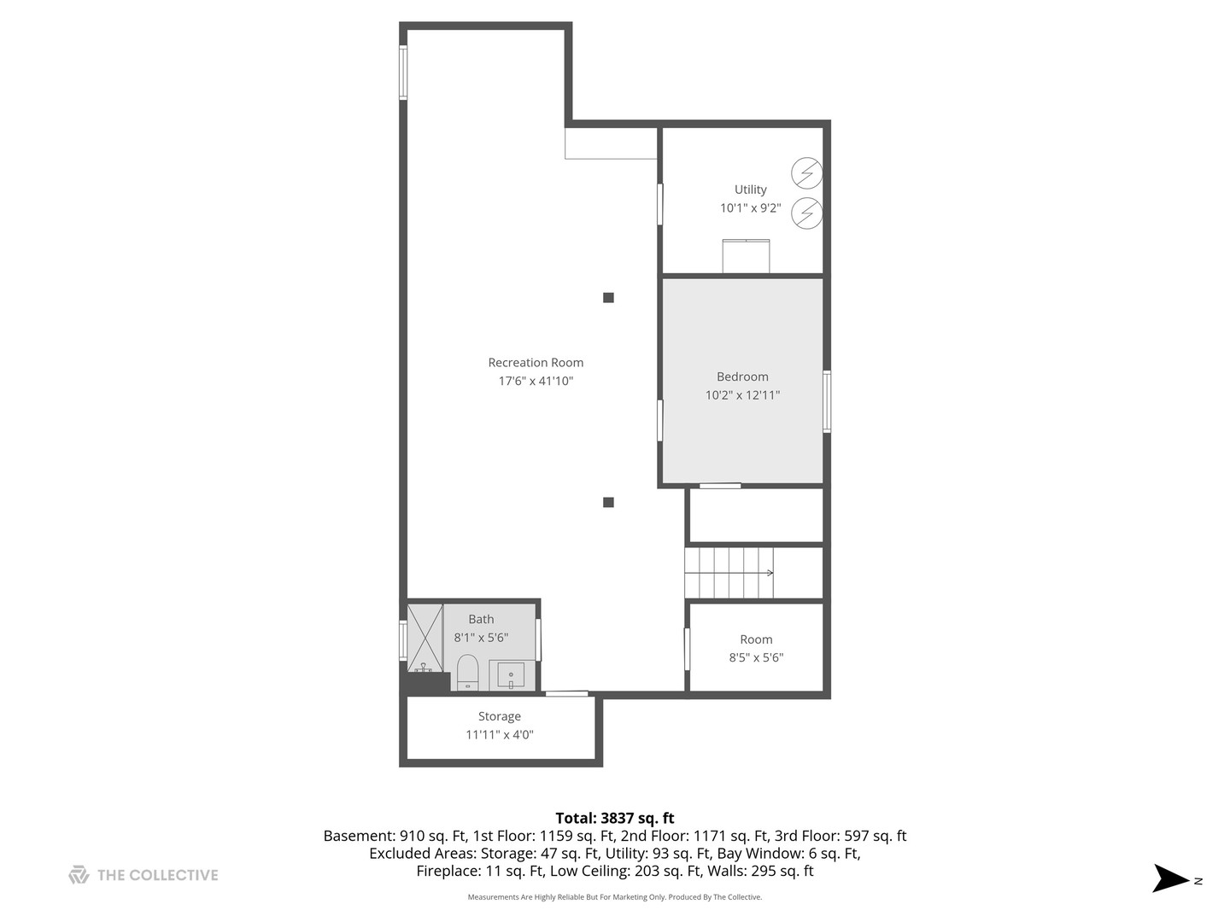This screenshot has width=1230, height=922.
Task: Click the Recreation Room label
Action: coord(536,362)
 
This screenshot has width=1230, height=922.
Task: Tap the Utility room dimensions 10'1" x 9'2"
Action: coord(750,208)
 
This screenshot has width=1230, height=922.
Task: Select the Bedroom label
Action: coord(742,376)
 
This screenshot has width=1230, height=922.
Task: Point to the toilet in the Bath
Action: coord(467,673)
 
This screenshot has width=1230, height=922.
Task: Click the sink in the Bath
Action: coord(511,675)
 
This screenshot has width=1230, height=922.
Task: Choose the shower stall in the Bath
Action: coord(425,639)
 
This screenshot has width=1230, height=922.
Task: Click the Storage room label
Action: coord(500,716)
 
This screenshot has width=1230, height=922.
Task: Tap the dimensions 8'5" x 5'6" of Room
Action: coord(756,657)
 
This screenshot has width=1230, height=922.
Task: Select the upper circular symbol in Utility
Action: coord(806,173)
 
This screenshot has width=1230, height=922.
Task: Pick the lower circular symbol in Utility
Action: coord(806,213)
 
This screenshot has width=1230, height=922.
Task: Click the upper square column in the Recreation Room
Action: coord(608,298)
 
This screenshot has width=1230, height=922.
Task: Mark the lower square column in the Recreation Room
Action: coord(608,502)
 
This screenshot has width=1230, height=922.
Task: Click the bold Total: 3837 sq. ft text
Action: coord(615,818)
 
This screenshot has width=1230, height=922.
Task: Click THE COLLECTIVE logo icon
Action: coord(79,875)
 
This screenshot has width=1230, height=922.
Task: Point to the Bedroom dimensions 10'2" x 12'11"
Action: coord(742,395)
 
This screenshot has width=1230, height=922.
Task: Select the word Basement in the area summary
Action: coord(359,836)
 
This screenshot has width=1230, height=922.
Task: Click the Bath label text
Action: coord(481,619)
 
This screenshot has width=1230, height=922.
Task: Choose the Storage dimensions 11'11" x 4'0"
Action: coord(500,734)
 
